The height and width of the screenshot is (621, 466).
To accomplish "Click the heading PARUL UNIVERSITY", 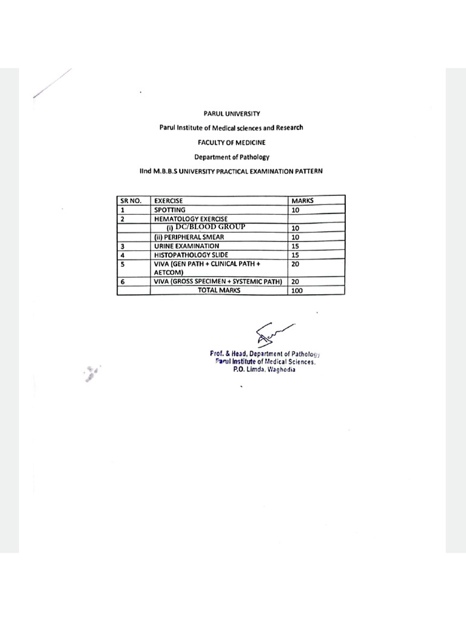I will pos(231,113).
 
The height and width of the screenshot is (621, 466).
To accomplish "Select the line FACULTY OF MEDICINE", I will pos(231,142).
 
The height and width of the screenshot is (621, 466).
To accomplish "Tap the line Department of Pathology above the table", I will pos(231,156).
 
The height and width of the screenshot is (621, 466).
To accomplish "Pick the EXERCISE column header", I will pos(169,201).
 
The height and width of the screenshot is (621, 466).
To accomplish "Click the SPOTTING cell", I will pos(170,210).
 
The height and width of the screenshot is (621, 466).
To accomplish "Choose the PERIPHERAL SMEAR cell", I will pos(191,237).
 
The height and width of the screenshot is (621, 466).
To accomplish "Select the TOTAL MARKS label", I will pos(219,290).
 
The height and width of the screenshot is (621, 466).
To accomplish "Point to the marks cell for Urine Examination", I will pos(296,246).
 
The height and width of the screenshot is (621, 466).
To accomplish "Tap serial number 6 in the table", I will pos(123,282).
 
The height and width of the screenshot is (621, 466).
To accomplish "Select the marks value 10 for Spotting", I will pos(296,210).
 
